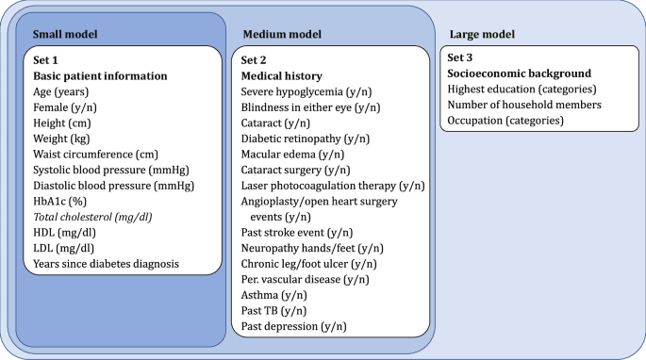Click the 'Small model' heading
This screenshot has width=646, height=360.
(x=66, y=35)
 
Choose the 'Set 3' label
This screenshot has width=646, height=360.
(x=462, y=57)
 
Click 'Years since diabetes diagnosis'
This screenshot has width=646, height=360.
(x=106, y=263)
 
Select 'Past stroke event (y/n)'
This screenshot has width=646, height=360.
(x=300, y=232)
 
